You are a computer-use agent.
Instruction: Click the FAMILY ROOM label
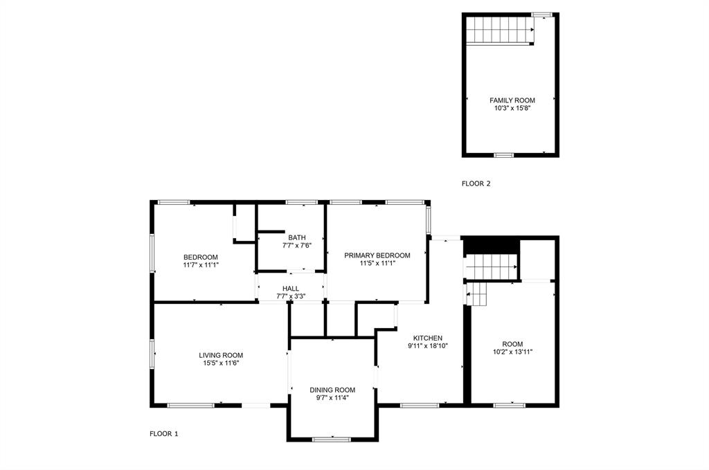pos(512,100)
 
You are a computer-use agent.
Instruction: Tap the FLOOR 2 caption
pos(476,184)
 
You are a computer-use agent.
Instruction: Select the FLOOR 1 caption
pos(164,434)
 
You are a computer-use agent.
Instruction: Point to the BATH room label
pos(297,237)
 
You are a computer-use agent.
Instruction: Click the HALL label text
pos(291,288)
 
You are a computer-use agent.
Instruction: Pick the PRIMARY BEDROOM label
pos(377,255)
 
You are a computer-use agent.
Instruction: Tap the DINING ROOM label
pos(332,390)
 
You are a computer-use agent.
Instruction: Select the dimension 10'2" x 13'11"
pos(512,352)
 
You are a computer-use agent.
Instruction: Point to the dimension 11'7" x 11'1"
pos(201,264)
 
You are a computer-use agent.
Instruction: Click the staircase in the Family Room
pos(499,31)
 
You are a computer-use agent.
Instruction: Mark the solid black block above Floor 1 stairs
pos(490,245)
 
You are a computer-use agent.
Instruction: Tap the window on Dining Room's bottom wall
pos(332,439)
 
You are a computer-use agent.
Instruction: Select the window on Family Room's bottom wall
pos(503,156)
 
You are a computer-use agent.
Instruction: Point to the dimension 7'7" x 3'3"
pos(291,296)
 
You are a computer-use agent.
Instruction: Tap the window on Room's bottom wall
pos(509,405)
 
